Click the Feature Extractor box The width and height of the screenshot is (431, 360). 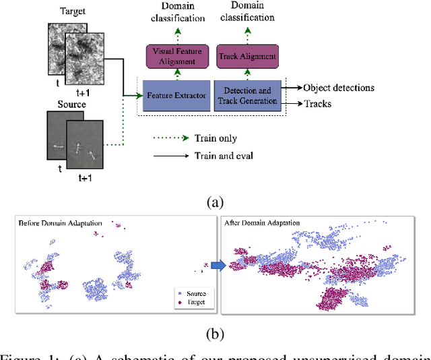[175, 96]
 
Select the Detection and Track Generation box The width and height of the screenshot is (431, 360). [247, 96]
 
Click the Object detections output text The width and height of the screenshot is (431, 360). [348, 88]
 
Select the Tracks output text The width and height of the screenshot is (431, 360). [317, 104]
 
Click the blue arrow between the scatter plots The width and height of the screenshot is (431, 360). [215, 268]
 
